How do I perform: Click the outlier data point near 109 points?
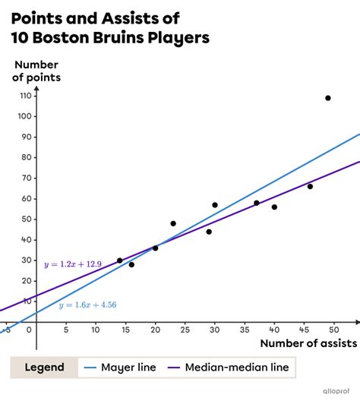point(328,98)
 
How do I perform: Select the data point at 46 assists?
point(310,186)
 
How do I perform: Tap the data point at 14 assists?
point(119,260)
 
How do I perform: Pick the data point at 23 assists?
point(173,223)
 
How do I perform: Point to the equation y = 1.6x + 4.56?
point(88,305)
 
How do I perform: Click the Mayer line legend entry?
point(133,368)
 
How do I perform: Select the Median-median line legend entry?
point(243,368)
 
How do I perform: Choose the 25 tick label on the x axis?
point(185,330)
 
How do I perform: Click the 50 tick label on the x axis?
point(333,330)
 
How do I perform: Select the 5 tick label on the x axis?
point(66,330)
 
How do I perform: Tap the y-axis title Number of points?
point(36,71)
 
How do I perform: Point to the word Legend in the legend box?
point(43,368)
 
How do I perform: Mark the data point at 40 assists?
point(274,207)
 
